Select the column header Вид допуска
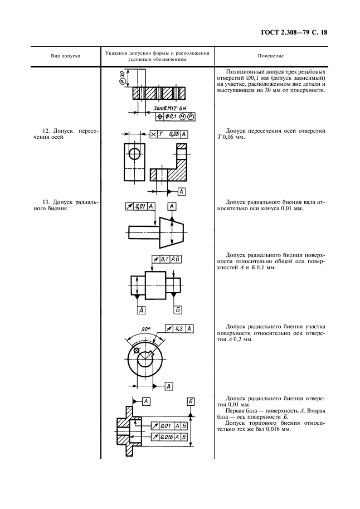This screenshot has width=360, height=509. [x=66, y=56]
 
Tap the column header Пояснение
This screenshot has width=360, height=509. [x=271, y=56]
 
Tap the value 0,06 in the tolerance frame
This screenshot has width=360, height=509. [x=172, y=134]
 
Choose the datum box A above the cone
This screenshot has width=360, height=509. [x=172, y=206]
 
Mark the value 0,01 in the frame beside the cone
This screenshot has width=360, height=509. [x=140, y=206]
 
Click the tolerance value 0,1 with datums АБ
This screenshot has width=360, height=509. [x=164, y=259]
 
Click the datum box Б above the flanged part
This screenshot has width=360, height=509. [x=191, y=401]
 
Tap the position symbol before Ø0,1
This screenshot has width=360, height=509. [x=161, y=117]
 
